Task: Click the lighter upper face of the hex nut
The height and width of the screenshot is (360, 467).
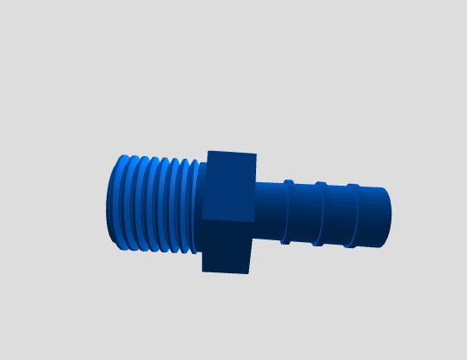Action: pyautogui.click(x=230, y=187)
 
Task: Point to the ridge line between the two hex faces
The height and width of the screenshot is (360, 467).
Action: pyautogui.click(x=227, y=219)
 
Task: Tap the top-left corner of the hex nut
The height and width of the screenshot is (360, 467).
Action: pyautogui.click(x=208, y=152)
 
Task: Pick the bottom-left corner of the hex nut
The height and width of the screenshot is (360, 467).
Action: pyautogui.click(x=202, y=271)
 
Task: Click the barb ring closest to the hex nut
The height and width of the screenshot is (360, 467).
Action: pyautogui.click(x=287, y=213)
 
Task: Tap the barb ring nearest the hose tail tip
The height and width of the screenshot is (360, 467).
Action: pyautogui.click(x=352, y=215)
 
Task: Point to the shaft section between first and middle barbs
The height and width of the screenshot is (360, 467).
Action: pyautogui.click(x=304, y=213)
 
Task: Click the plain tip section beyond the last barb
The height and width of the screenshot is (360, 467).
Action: pyautogui.click(x=372, y=216)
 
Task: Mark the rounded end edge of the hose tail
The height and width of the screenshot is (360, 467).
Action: pyautogui.click(x=388, y=217)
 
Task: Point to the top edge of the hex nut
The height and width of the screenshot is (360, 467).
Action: pyautogui.click(x=233, y=153)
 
